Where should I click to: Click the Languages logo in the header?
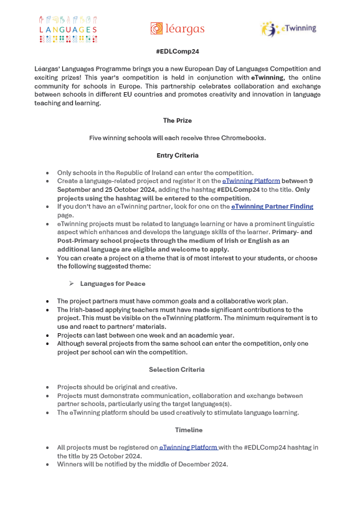click(69, 29)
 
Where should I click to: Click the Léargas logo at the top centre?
click(177, 29)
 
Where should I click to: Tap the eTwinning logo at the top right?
click(288, 29)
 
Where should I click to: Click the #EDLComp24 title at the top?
click(177, 53)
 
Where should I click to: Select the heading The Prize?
click(177, 120)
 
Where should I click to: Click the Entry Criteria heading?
click(177, 155)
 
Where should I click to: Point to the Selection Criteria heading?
click(177, 370)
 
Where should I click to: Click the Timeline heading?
click(177, 430)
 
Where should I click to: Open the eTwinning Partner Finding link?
click(272, 206)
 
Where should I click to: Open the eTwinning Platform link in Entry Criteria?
click(251, 181)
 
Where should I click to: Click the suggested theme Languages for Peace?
click(113, 283)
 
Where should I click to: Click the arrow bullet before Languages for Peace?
click(72, 283)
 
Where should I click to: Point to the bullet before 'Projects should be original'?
click(48, 387)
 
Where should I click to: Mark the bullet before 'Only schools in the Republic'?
click(48, 172)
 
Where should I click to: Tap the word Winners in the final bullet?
click(70, 464)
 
